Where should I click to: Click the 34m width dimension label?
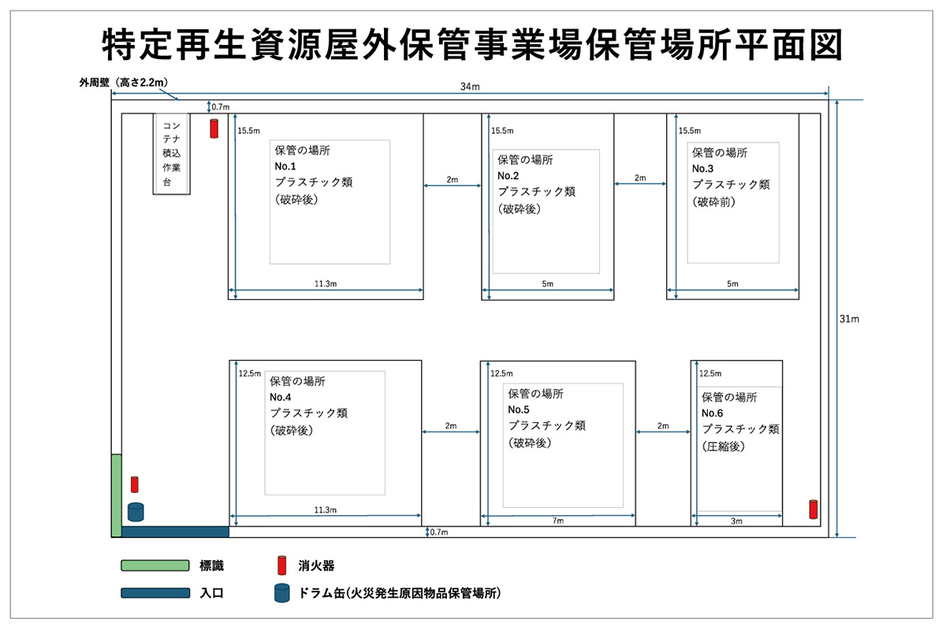(470, 87)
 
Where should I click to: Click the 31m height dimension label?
(849, 319)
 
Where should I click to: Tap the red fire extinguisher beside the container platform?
(214, 128)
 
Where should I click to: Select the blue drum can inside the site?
(136, 512)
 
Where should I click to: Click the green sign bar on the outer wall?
(117, 495)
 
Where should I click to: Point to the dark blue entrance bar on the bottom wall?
(175, 532)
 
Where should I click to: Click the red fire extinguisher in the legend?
(281, 565)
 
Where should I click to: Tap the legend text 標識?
(211, 565)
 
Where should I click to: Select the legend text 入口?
(211, 593)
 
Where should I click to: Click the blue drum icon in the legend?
(281, 592)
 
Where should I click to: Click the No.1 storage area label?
(285, 166)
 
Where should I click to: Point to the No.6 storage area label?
(712, 413)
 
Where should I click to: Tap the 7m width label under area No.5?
(558, 521)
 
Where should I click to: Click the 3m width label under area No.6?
(736, 521)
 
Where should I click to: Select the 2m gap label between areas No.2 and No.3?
(640, 178)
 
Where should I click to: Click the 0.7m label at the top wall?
(221, 107)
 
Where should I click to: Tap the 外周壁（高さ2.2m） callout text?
(123, 82)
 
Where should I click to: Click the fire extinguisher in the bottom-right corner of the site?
(813, 510)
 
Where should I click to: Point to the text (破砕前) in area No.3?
(713, 202)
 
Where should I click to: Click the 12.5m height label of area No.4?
(250, 373)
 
